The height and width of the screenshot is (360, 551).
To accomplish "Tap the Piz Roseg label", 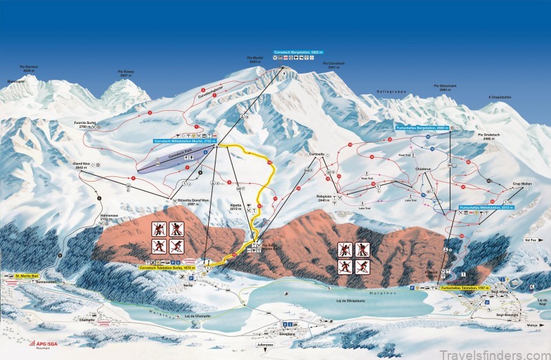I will click(x=125, y=72).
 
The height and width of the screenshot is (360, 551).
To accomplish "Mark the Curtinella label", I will click(x=317, y=153).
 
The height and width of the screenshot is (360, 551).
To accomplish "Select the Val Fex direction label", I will click(x=531, y=240).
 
